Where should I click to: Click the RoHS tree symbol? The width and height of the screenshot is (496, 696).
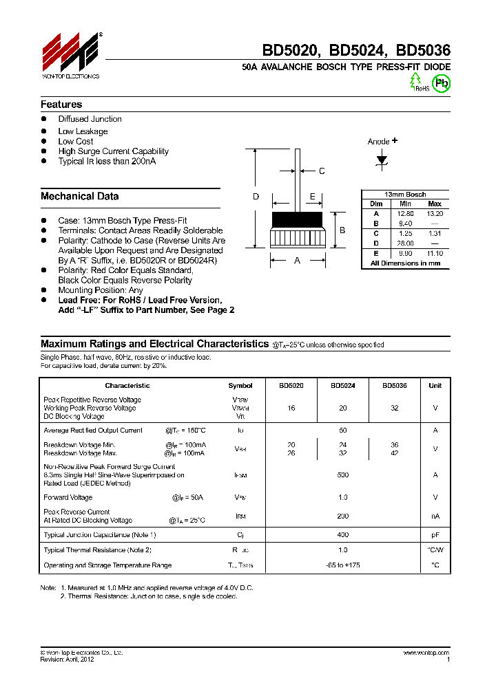click(417, 82)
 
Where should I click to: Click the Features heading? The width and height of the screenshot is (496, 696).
click(61, 105)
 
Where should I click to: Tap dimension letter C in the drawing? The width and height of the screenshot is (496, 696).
click(321, 171)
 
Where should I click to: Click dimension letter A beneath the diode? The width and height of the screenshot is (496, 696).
click(297, 261)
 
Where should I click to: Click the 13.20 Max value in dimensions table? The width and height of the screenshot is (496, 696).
click(434, 214)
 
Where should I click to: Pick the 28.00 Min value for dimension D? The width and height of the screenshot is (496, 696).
click(404, 243)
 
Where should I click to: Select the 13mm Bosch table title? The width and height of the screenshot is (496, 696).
click(405, 195)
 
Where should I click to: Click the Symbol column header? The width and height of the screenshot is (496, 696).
click(240, 386)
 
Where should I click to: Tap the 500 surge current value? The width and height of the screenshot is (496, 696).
click(343, 475)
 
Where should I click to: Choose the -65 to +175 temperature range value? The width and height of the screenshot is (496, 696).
click(343, 565)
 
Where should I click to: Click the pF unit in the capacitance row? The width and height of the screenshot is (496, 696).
click(435, 534)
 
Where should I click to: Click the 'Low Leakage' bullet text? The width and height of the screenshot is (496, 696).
click(83, 131)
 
